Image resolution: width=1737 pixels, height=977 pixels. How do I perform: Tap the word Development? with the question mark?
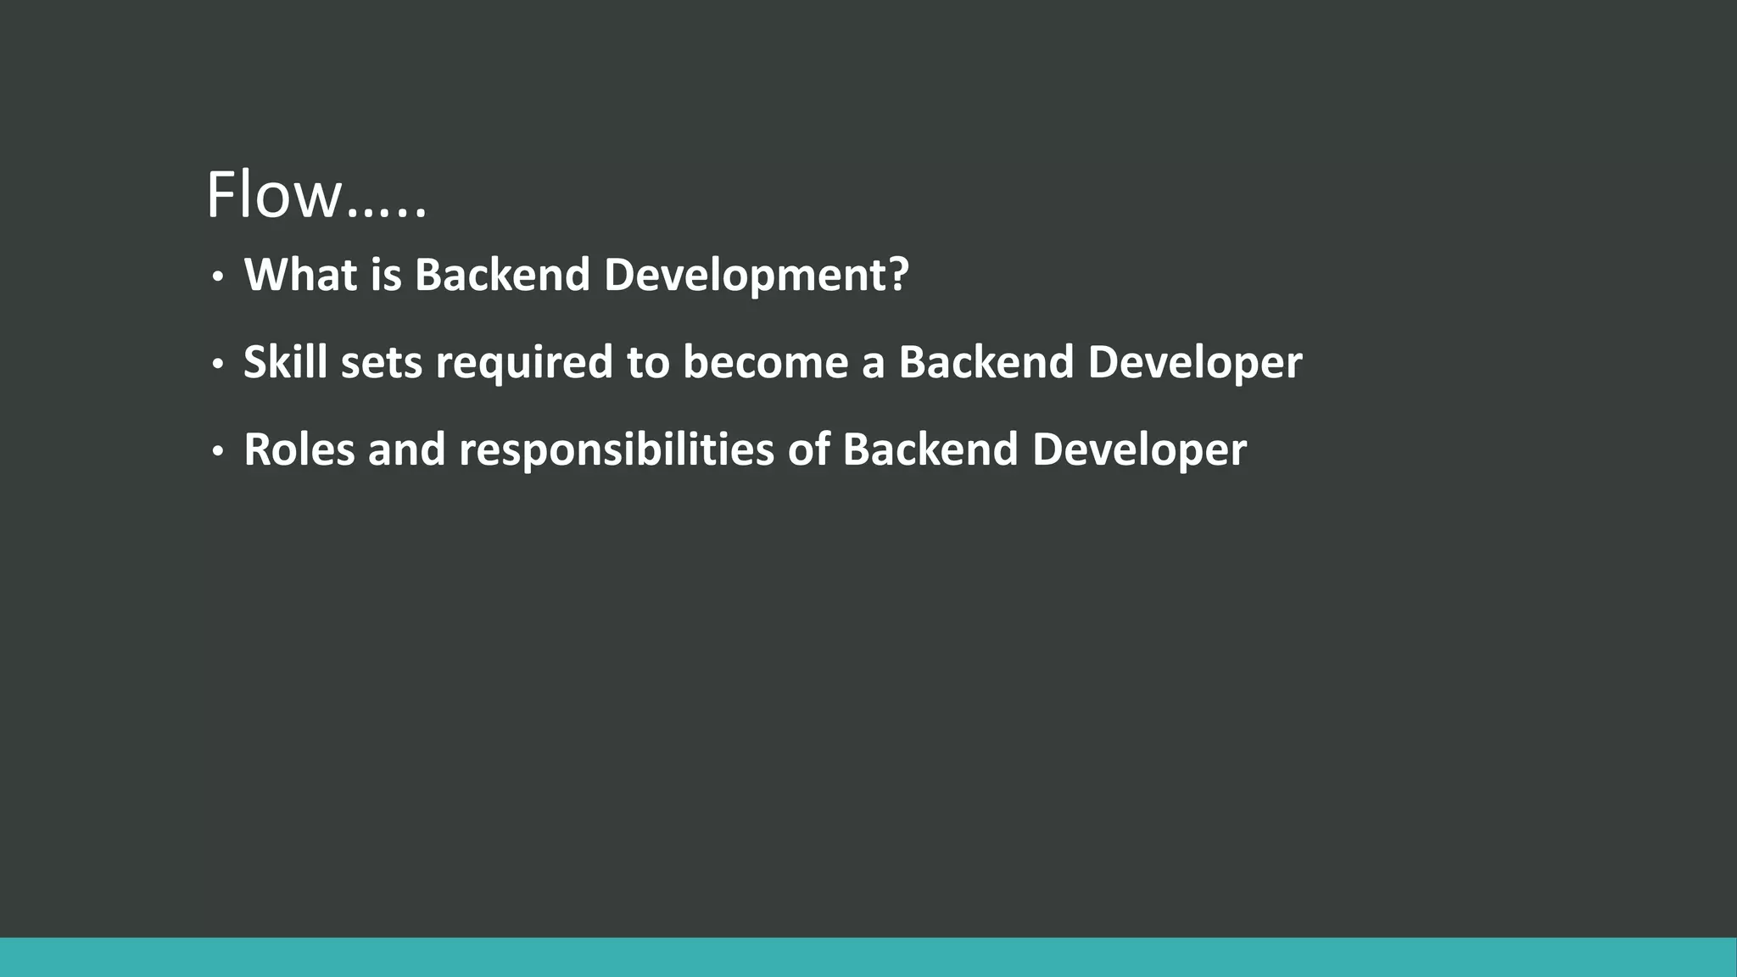[x=756, y=276]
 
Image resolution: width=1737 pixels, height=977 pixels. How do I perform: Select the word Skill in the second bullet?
[x=285, y=362]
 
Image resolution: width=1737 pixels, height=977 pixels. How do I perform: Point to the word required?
[x=523, y=364]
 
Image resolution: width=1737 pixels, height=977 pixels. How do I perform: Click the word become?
[x=765, y=362]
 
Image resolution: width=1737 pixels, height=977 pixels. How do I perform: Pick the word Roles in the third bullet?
[x=299, y=449]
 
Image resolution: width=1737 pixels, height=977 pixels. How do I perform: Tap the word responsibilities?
[x=617, y=450]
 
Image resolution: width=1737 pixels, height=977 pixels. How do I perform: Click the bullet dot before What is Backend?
[x=218, y=277]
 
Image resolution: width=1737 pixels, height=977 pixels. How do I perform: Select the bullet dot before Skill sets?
[x=218, y=365]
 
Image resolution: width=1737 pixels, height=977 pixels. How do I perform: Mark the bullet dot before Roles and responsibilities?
[x=218, y=452]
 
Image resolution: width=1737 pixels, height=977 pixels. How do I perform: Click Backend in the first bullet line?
[x=502, y=275]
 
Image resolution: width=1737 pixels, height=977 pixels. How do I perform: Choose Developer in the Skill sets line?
[x=1194, y=364]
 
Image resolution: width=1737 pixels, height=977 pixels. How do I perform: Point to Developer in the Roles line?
[x=1139, y=451]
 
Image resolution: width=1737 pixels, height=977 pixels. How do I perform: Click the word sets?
[x=382, y=363]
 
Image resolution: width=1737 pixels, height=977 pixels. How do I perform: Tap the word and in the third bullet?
[x=406, y=449]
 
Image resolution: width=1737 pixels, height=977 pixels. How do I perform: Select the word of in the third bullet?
[x=808, y=449]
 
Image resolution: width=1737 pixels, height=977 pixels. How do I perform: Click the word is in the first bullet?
[x=386, y=275]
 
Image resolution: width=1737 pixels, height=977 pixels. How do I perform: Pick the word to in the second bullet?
[x=648, y=363]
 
